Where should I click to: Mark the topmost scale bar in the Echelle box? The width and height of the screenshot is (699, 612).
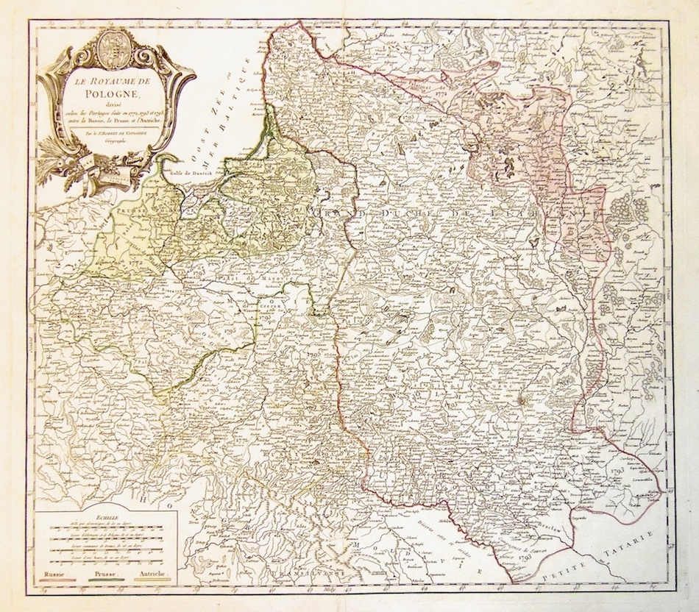click(x=107, y=528)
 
